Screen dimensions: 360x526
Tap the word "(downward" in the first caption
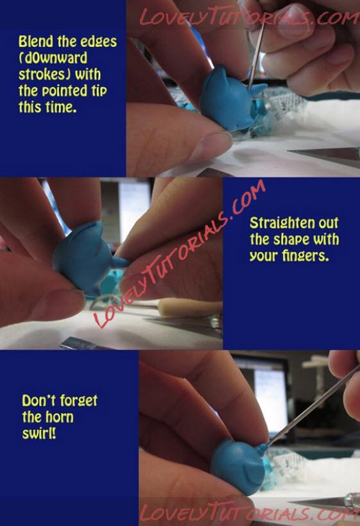coord(53,58)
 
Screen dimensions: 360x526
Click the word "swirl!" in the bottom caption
coord(39,434)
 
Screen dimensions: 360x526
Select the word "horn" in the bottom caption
coord(60,417)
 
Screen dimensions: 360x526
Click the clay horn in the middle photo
coord(119,262)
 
